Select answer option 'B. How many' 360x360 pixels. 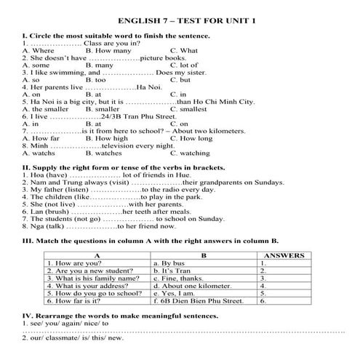[108, 50]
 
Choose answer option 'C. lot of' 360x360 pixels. [185, 65]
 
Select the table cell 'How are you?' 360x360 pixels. [73, 263]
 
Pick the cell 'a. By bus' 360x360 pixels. [172, 263]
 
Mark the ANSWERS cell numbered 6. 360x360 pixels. [263, 300]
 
